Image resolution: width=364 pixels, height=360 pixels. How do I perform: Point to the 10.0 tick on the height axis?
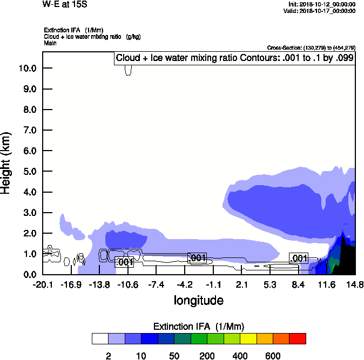click(x=28, y=69)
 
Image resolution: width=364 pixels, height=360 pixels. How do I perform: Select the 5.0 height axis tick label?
click(x=28, y=172)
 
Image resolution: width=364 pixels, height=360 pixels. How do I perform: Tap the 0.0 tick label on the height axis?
click(x=28, y=275)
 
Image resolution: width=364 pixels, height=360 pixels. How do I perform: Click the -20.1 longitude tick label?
click(x=43, y=284)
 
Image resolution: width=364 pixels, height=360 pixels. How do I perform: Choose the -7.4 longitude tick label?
click(x=156, y=284)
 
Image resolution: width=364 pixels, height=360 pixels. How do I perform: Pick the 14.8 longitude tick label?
click(x=355, y=284)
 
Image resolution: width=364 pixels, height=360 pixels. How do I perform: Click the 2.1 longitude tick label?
click(x=241, y=284)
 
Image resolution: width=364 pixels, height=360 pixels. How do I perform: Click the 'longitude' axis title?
click(x=199, y=300)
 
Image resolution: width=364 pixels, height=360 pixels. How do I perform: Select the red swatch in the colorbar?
click(x=297, y=339)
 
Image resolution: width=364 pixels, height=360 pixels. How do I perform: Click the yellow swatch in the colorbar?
click(x=248, y=339)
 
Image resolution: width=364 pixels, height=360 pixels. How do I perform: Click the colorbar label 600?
click(x=273, y=356)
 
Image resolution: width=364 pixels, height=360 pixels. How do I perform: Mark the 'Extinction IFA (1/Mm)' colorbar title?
click(x=199, y=327)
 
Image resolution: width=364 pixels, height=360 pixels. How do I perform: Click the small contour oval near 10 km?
click(x=128, y=70)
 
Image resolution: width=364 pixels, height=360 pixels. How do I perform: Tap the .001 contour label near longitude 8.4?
click(x=299, y=258)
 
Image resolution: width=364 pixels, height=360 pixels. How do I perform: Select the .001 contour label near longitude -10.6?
click(x=125, y=262)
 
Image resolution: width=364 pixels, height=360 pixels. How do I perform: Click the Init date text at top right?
click(x=322, y=4)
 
